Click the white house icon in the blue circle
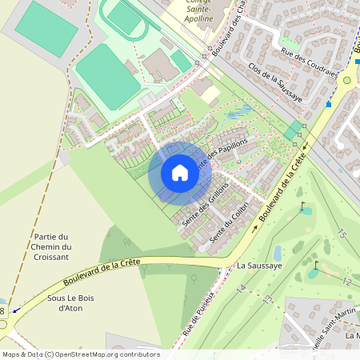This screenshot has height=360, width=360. click(180, 173)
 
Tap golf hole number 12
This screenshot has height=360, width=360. click(346, 282)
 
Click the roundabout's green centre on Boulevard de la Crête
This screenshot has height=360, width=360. click(347, 79)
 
